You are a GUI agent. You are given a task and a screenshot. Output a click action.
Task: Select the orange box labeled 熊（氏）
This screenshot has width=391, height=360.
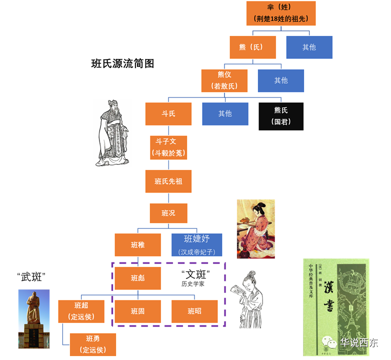[x=252, y=47]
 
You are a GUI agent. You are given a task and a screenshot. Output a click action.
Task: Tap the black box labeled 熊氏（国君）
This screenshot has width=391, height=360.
[x=281, y=116]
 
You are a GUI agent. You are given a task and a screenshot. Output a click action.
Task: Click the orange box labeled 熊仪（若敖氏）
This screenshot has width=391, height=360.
[x=224, y=80]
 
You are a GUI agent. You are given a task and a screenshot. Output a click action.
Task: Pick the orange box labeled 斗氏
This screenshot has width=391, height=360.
[x=168, y=113]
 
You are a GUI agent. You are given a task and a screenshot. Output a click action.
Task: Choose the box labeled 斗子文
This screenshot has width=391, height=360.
[x=168, y=147]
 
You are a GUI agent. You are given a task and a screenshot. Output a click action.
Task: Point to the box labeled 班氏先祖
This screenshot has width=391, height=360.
[x=168, y=181]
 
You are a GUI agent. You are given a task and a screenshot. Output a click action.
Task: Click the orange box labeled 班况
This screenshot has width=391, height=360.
[x=168, y=213]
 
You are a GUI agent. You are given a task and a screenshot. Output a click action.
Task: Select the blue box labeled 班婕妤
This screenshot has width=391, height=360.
[x=196, y=244]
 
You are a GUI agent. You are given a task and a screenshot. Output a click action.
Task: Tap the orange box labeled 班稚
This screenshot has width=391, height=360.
[x=137, y=244]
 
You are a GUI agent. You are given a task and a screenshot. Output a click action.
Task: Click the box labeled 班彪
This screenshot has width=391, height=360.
[x=137, y=278]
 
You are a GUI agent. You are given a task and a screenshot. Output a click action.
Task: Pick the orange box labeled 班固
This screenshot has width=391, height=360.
[x=137, y=311]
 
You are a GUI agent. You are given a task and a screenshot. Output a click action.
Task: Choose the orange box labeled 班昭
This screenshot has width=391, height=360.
[x=194, y=311]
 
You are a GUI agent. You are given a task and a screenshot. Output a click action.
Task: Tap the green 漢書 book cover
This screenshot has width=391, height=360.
[x=335, y=306]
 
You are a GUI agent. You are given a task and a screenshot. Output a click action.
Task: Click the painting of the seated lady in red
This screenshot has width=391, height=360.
[x=255, y=228]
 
